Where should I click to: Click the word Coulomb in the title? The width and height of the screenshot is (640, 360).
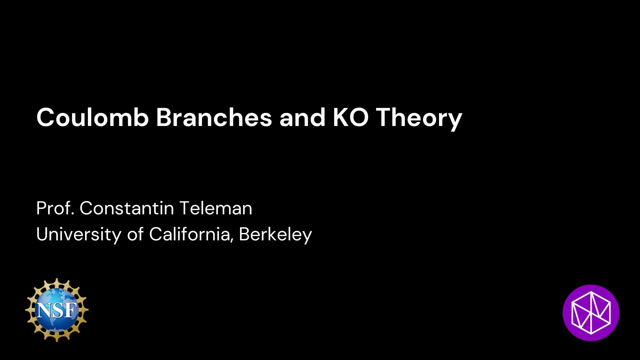click(92, 117)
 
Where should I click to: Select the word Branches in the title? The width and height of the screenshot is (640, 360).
click(214, 117)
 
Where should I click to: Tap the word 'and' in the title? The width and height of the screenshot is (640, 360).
click(302, 117)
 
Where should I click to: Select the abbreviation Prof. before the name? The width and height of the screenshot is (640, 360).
click(55, 208)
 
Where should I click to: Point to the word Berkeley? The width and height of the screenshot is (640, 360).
click(275, 235)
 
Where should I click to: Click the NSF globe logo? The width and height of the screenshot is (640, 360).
click(57, 310)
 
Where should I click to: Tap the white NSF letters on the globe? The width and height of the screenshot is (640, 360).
click(57, 310)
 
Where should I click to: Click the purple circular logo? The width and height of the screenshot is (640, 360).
click(591, 313)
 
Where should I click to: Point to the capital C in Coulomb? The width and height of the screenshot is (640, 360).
click(46, 118)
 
